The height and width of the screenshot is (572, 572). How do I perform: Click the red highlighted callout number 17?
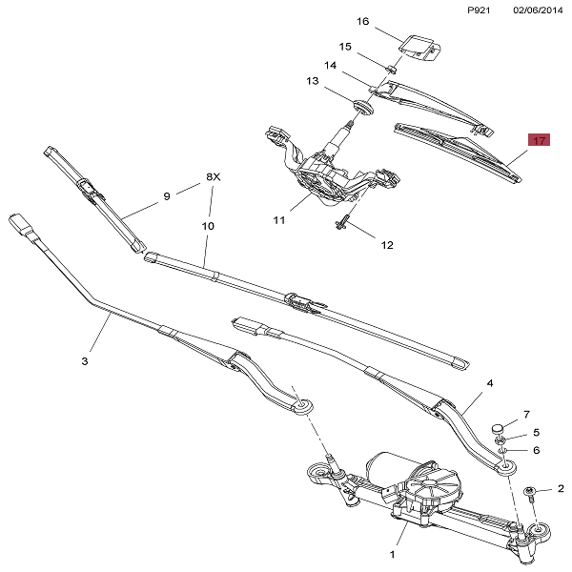pos(540,141)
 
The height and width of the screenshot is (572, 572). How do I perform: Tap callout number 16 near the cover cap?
pos(362,21)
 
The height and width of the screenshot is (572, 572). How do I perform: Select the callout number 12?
pos(387,245)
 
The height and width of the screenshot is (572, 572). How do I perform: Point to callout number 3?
pos(84,361)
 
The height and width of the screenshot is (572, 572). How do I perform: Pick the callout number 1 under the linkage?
pos(392,554)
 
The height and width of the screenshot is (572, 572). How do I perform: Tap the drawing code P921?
pos(480,10)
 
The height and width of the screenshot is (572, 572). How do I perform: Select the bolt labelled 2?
pos(531,492)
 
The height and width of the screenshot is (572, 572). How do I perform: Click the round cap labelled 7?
pos(499,425)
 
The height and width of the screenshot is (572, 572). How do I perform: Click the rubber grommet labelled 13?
pos(359,104)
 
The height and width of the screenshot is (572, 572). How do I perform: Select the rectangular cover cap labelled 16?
pos(417,45)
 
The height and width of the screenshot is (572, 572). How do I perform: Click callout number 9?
pos(166,196)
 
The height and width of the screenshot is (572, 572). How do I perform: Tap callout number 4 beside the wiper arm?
pos(490,383)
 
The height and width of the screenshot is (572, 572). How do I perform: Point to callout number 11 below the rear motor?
pos(279,220)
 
